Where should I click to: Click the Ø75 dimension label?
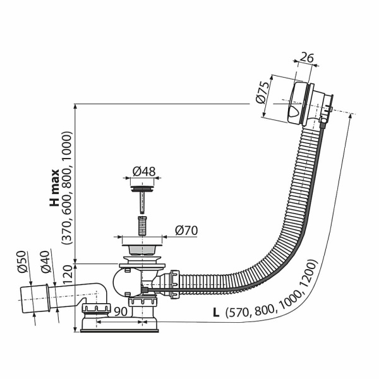[x=263, y=93]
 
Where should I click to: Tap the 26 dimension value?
[x=306, y=57]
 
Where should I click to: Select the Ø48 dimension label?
[x=144, y=171]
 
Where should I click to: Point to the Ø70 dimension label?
[x=186, y=231]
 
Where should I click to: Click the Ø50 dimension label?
[x=21, y=262]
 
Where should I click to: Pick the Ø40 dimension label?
[x=45, y=262]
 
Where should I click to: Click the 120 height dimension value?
[x=68, y=275]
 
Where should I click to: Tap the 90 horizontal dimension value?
[x=121, y=312]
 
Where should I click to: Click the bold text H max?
[x=54, y=188]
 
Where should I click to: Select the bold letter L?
[x=216, y=313]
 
